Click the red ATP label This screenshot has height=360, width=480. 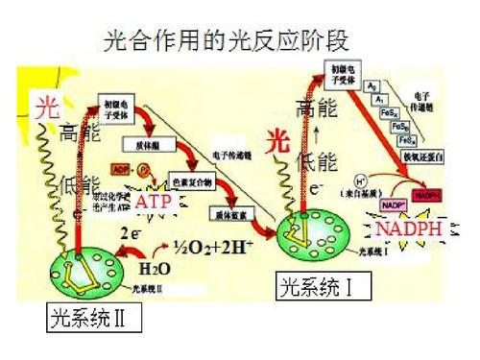[153, 203]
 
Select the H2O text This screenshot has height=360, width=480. [155, 267]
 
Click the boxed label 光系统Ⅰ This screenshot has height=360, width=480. [317, 285]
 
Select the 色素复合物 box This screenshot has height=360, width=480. [190, 180]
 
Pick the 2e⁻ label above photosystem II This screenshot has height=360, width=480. [132, 232]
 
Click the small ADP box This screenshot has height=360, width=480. [121, 170]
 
